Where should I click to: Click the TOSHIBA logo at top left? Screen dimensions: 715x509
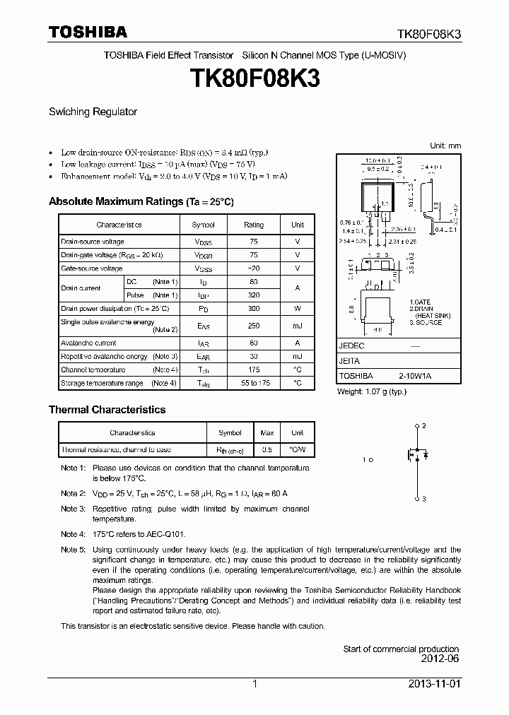(88, 32)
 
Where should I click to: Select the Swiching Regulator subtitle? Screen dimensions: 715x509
(93, 112)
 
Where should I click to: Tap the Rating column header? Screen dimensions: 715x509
(254, 225)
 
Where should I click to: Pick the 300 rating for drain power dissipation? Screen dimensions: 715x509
(254, 309)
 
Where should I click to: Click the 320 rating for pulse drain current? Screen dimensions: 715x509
(254, 295)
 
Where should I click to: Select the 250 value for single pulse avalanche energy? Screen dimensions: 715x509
(254, 326)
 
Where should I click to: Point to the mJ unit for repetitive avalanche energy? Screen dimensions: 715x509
(298, 357)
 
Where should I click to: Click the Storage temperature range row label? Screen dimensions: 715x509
(102, 384)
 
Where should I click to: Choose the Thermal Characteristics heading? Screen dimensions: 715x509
(107, 410)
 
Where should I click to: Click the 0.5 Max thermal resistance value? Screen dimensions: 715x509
(267, 450)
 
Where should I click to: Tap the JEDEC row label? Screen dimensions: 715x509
(351, 346)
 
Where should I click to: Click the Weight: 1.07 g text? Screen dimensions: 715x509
(371, 391)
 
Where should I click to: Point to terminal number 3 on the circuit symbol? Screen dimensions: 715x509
(423, 499)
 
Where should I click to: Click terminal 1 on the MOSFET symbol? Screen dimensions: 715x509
(365, 460)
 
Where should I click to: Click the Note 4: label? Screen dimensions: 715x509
(73, 534)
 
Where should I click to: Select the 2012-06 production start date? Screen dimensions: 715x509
(440, 660)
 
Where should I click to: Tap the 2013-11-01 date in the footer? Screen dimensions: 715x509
(438, 685)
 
